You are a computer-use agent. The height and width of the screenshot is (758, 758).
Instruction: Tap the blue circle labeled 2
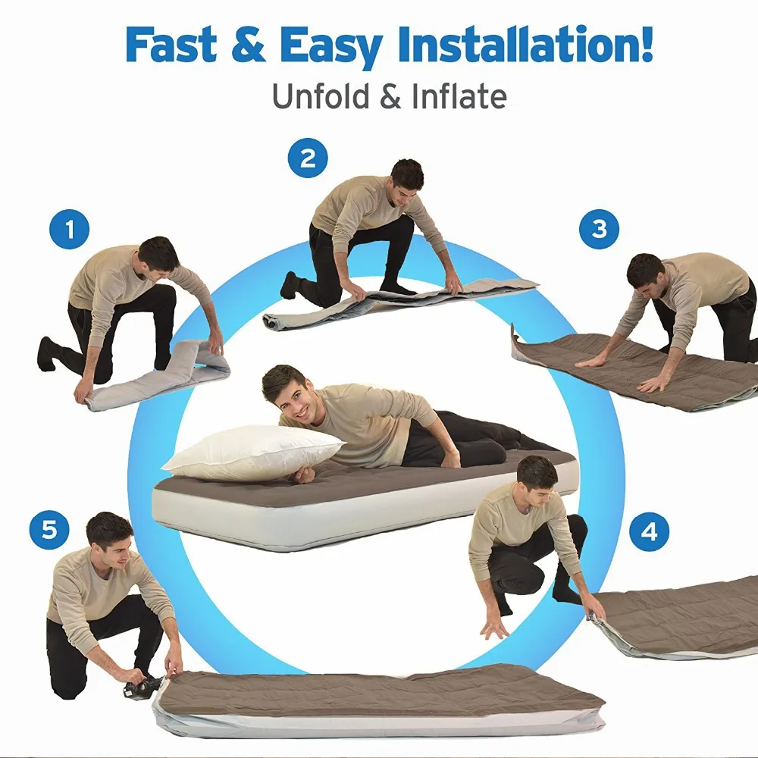coord(308,158)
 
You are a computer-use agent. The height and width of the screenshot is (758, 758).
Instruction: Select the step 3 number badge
coord(600,229)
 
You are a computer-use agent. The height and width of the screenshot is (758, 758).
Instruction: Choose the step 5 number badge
coord(49,529)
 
